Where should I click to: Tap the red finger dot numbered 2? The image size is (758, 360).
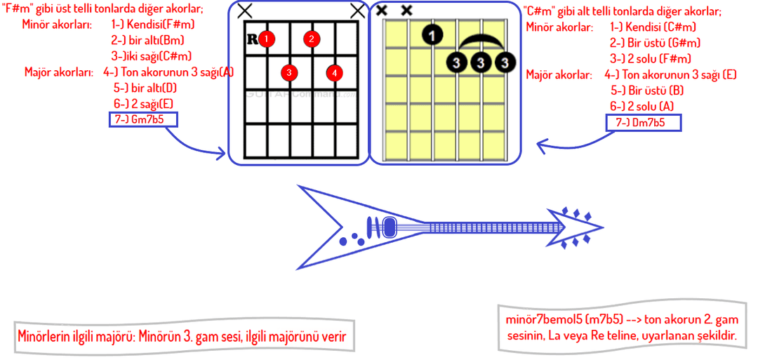(x=312, y=39)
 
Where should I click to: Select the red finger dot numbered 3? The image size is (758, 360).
(x=288, y=72)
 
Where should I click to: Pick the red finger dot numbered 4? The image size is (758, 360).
(x=335, y=72)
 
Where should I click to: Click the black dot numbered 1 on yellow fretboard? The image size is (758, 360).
(x=433, y=34)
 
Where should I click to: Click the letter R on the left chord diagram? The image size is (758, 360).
(x=252, y=39)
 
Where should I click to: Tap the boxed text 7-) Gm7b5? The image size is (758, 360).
(x=143, y=119)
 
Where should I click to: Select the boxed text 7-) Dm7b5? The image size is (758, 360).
(x=642, y=123)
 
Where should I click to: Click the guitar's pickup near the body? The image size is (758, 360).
(x=390, y=227)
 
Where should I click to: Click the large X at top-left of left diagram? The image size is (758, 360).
(x=244, y=11)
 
